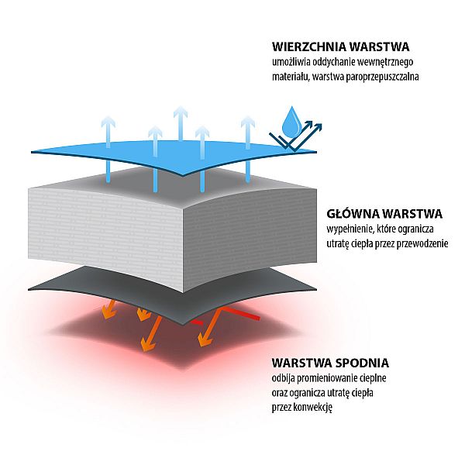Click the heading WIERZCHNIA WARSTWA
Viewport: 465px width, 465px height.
pos(341,46)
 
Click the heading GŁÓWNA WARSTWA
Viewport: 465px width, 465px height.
pos(384,214)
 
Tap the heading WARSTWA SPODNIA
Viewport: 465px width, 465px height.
pos(330,363)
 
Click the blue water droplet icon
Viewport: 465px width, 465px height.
pos(291,122)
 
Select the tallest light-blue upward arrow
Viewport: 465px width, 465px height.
pos(181,122)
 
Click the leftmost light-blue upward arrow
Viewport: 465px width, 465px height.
pos(108,149)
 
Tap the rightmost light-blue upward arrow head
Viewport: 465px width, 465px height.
pos(248,122)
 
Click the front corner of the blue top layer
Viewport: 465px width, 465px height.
pos(183,175)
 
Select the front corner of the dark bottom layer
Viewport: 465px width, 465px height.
pos(183,324)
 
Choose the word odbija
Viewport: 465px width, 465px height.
pos(283,378)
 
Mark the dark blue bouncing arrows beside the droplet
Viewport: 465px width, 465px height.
pos(296,136)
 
